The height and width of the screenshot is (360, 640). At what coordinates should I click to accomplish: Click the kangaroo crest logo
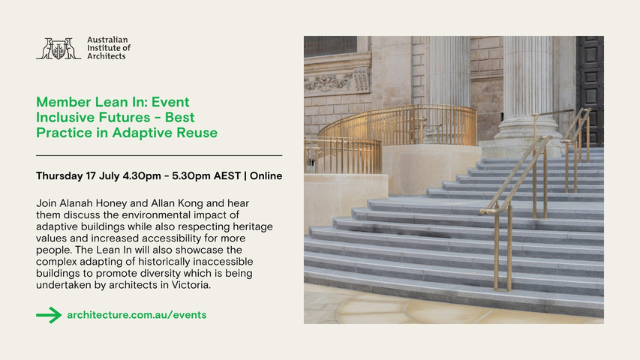click(58, 49)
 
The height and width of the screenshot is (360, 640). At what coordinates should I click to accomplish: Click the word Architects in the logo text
click(107, 56)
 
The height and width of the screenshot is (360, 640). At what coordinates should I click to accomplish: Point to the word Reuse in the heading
click(197, 133)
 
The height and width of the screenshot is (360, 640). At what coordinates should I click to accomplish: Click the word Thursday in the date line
click(59, 176)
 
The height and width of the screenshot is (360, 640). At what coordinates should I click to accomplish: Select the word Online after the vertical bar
click(266, 176)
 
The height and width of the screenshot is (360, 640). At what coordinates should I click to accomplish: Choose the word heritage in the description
click(253, 226)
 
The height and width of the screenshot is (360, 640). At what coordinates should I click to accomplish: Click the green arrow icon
click(49, 315)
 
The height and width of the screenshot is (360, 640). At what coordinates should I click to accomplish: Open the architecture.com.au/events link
click(137, 315)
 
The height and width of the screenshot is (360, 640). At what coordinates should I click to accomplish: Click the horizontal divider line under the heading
click(159, 155)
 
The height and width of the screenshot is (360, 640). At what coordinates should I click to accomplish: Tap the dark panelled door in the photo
click(590, 90)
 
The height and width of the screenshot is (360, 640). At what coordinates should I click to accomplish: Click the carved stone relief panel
click(338, 80)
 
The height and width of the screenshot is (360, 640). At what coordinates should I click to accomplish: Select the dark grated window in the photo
click(330, 46)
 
